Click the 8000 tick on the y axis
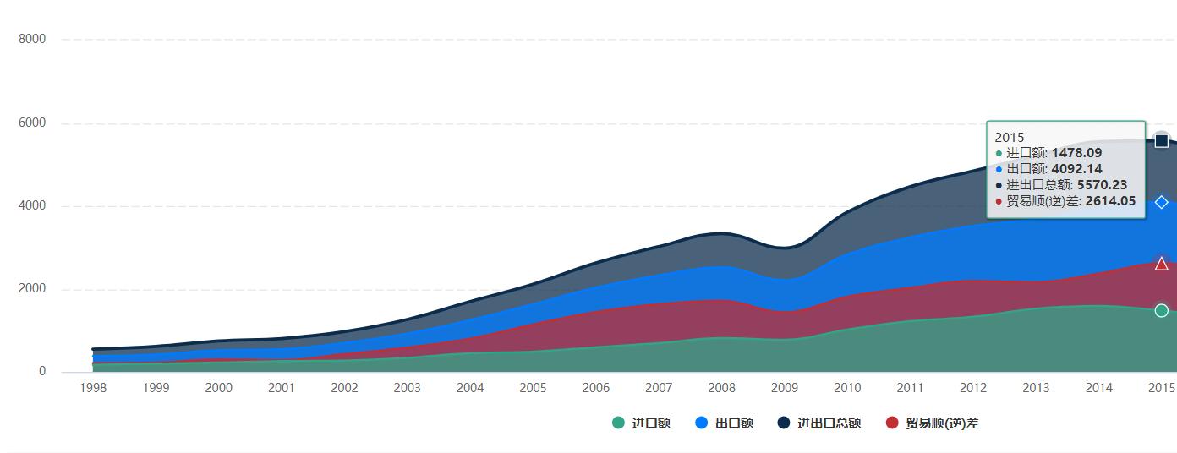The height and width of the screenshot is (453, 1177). click(30, 39)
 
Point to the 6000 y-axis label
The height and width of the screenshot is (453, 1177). click(30, 123)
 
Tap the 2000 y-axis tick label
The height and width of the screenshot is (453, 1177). click(30, 289)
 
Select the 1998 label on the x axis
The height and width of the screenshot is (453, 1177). click(93, 388)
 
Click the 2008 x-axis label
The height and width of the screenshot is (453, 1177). click(721, 388)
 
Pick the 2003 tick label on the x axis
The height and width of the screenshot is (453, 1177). click(407, 388)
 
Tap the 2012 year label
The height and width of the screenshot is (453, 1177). click(972, 388)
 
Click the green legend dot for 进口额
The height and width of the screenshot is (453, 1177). click(619, 423)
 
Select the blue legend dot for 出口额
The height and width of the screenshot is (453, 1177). click(702, 423)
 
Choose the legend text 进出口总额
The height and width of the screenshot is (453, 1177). click(829, 423)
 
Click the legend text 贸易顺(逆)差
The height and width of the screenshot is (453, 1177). click(942, 423)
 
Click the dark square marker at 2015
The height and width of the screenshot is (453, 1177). click(1162, 141)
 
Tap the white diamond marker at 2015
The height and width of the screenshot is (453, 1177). click(1162, 202)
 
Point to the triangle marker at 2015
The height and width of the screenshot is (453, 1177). click(1162, 265)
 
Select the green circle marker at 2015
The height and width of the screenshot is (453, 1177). click(1162, 310)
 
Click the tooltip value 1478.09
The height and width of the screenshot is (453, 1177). click(1076, 153)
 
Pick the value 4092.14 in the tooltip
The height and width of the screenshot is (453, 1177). click(1076, 169)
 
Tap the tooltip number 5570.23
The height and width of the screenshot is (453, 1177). click(1102, 185)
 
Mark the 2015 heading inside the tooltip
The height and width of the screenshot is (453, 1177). click(1010, 137)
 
